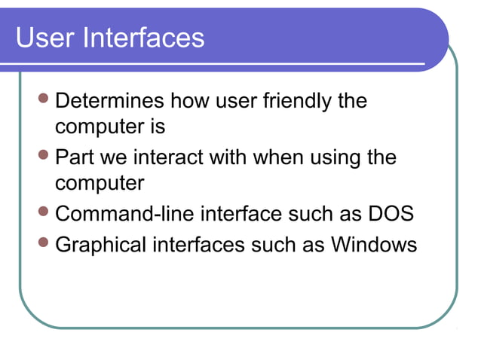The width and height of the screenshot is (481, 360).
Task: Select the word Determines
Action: (x=110, y=101)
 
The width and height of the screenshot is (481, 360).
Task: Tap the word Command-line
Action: (x=124, y=214)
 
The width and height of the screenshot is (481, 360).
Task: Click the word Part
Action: (x=74, y=158)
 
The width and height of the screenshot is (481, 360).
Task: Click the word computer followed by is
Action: (x=95, y=127)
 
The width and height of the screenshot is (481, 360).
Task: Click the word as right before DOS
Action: (x=352, y=215)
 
